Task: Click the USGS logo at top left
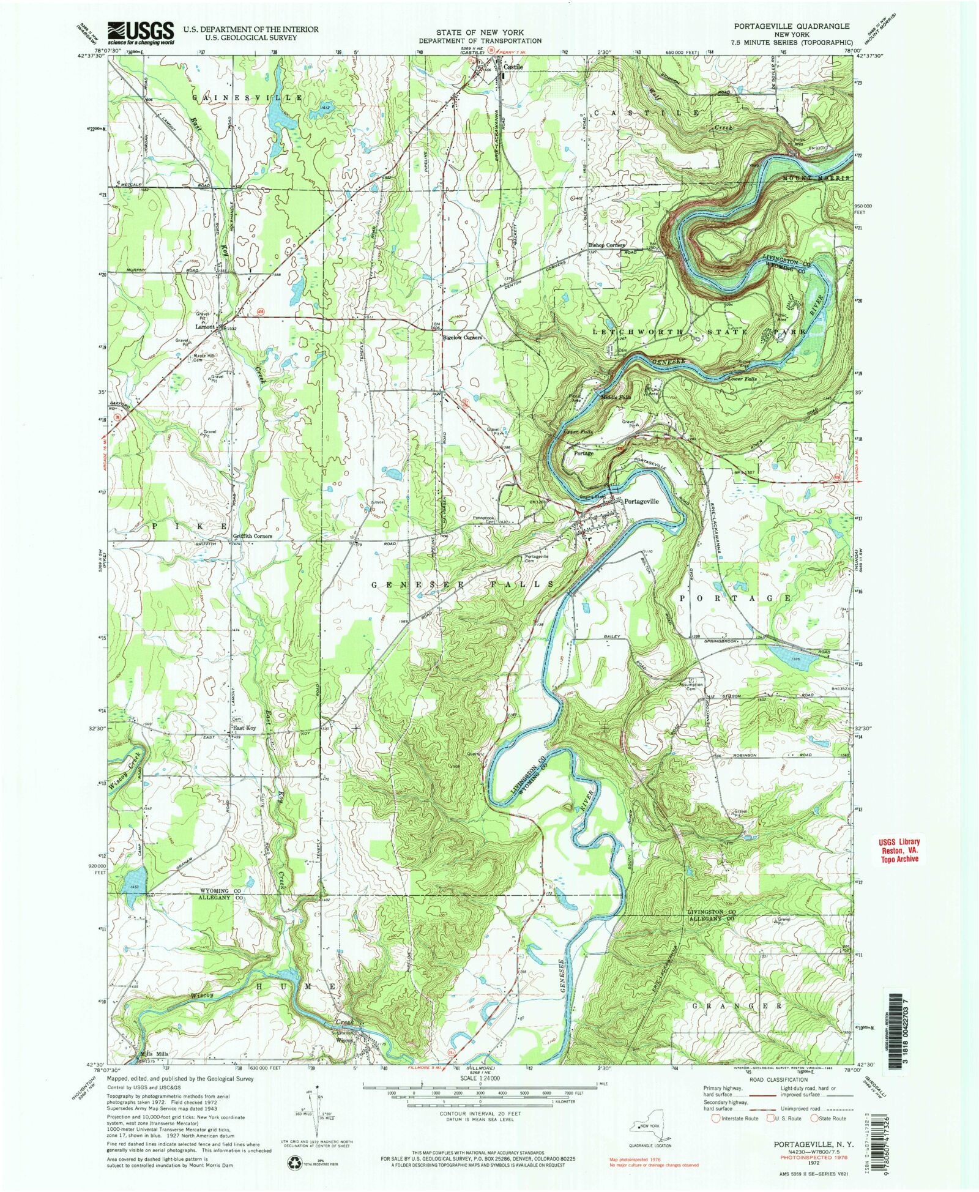(x=140, y=33)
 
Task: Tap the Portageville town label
(x=641, y=501)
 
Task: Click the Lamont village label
(x=205, y=326)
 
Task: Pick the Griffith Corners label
(x=252, y=536)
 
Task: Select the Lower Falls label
(x=743, y=379)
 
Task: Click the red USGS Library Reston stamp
(x=896, y=851)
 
